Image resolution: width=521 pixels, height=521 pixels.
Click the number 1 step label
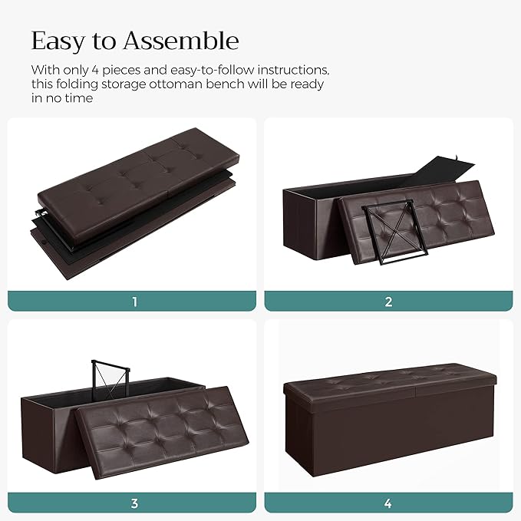coord(135,302)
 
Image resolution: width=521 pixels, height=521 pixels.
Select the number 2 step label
coord(388,302)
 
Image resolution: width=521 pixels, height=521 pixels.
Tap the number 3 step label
coord(135,504)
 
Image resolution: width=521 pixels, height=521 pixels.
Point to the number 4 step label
coord(388,504)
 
